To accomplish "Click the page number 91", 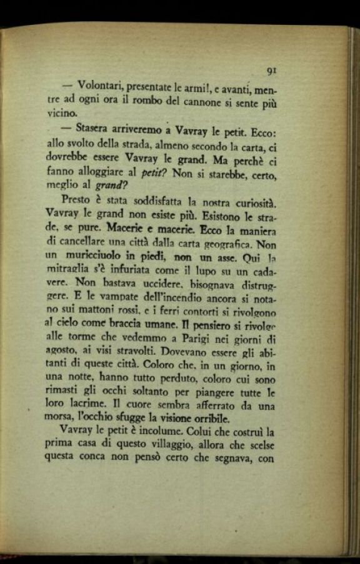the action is coord(271,71).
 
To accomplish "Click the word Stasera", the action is coord(96,129).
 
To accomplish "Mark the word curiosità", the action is coord(254,202).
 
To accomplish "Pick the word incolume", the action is coord(175,432).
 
